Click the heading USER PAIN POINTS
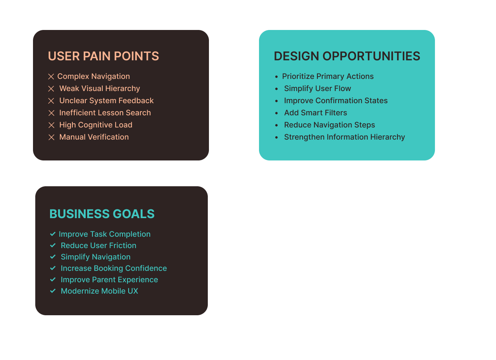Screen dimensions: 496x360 pos(104,56)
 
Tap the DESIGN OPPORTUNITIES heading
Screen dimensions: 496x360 pos(347,56)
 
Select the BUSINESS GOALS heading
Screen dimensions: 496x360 pos(102,214)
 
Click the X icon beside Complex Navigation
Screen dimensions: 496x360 pos(51,77)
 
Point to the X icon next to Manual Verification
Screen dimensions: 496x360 pos(51,137)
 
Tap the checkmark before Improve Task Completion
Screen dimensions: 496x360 pos(53,234)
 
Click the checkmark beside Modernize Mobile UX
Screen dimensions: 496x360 pos(53,291)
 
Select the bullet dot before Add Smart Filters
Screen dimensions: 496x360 pos(276,113)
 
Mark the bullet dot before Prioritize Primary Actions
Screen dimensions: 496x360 pos(276,77)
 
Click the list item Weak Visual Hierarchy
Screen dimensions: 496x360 pos(100,89)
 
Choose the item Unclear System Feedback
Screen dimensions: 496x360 pos(107,101)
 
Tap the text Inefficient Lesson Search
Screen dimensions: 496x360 pos(105,113)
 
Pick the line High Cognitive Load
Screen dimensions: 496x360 pos(96,125)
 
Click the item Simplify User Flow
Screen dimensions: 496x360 pos(317,89)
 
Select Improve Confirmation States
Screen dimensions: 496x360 pos(336,101)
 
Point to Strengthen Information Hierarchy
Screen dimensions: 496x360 pos(345,137)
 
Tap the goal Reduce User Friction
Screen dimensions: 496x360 pos(99,245)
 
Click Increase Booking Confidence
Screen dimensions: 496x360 pos(114,268)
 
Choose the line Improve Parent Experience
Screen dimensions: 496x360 pos(109,280)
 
